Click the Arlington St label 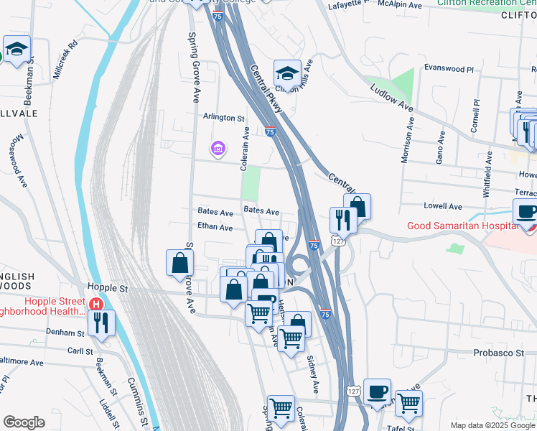(x=224, y=118)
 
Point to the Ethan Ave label (x=215, y=228)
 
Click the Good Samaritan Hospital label (x=462, y=226)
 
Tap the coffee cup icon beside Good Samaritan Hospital (x=527, y=212)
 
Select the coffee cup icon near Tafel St (x=377, y=392)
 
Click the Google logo (x=24, y=422)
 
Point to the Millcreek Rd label (x=63, y=56)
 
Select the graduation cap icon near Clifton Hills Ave (x=287, y=73)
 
